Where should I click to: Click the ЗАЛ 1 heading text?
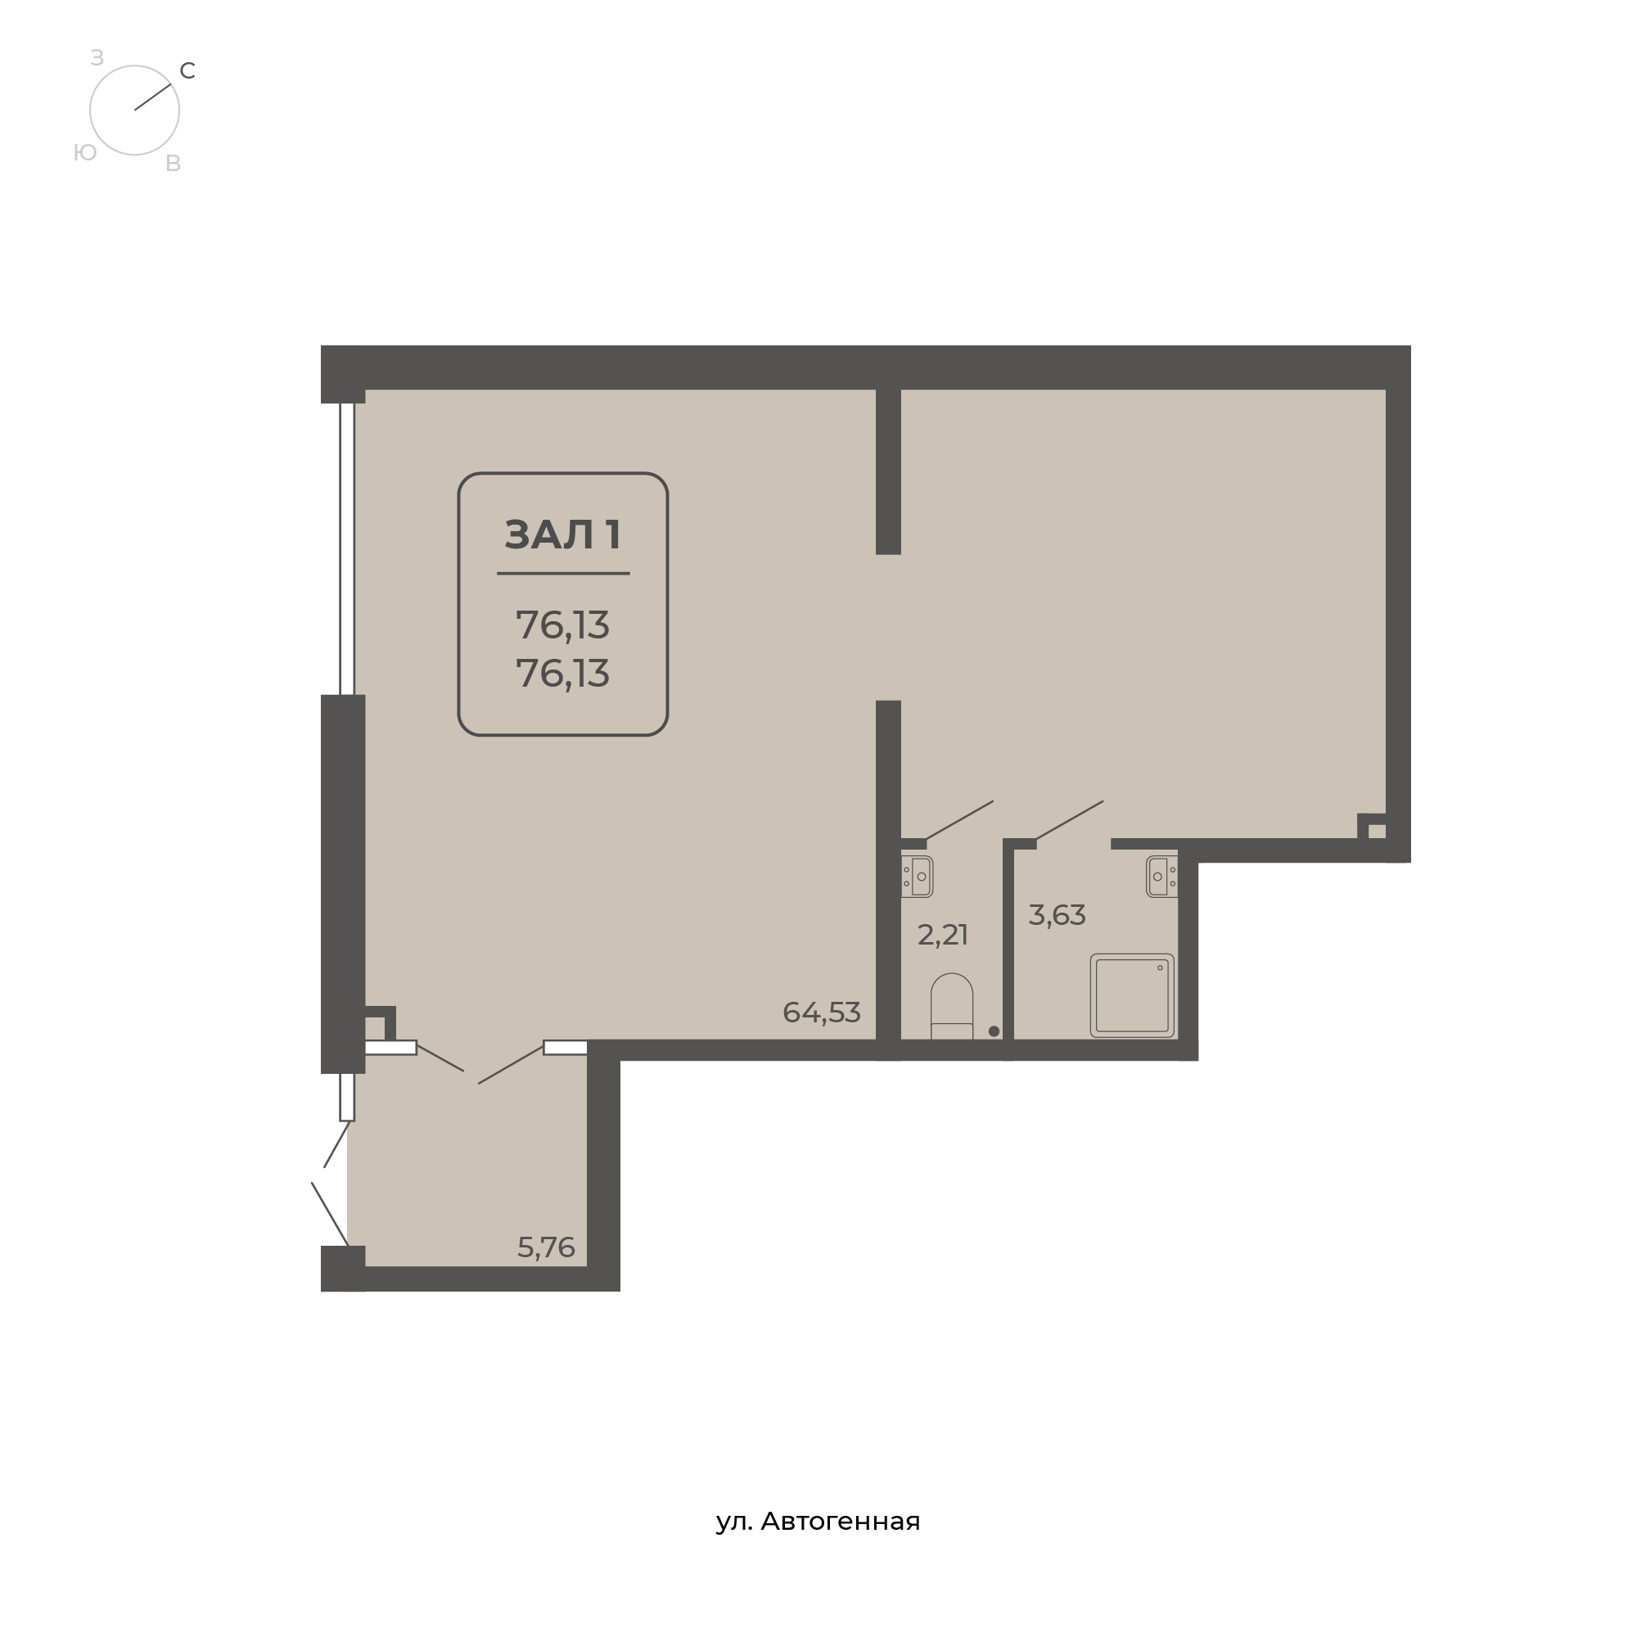pos(563,534)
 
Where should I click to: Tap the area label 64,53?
pos(821,1012)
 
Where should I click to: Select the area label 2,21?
pos(942,935)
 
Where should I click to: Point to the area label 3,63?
pos(1057,915)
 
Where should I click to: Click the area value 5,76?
pos(546,1247)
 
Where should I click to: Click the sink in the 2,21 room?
pos(917,876)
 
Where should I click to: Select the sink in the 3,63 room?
pos(1161,876)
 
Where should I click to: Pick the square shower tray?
pos(1132,995)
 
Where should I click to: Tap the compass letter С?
pos(188,71)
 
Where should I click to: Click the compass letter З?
pos(97,57)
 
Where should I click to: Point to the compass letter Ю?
pos(85,152)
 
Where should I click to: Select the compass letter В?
pos(173,164)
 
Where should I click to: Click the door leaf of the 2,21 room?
pos(959,820)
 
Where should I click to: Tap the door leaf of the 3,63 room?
pos(1069,820)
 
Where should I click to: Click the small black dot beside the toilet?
pos(994,1031)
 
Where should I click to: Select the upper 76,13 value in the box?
pos(562,625)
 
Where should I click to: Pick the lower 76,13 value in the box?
pos(562,674)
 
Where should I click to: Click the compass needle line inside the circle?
pos(152,97)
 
